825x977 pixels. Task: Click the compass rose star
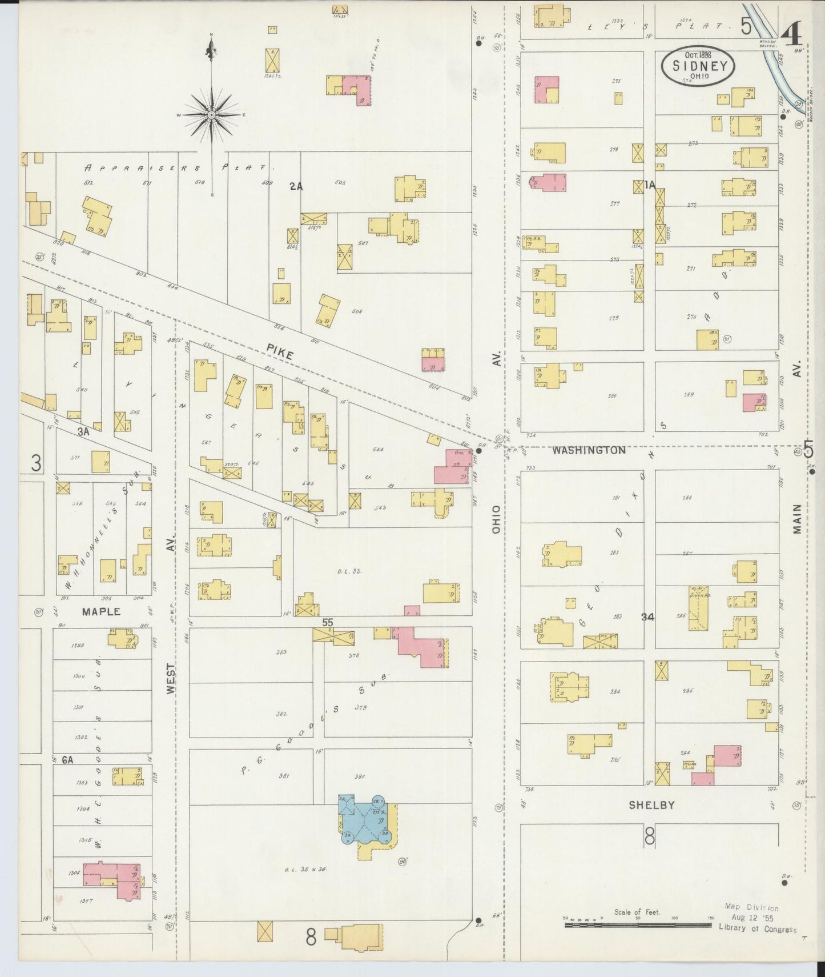point(212,115)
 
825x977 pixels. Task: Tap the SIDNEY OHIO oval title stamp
point(699,66)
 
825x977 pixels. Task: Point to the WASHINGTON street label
point(588,450)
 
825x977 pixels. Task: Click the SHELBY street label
point(651,805)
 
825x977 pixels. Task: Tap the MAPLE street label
point(101,611)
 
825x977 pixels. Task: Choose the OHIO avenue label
point(496,519)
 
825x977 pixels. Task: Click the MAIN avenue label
point(797,519)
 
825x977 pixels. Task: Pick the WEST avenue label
point(171,679)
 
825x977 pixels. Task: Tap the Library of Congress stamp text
point(756,929)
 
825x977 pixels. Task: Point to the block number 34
point(647,616)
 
